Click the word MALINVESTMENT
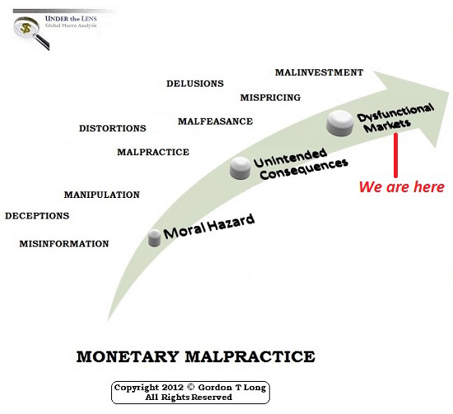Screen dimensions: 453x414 pos(319,73)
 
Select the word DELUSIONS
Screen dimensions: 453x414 pos(195,83)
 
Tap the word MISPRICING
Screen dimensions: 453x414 pos(270,97)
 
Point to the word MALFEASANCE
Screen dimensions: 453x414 pos(215,121)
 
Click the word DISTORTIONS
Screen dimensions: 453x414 pos(112,129)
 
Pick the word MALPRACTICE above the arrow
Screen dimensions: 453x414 pos(153,153)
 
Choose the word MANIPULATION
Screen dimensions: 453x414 pos(101,195)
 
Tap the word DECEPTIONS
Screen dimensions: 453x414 pos(37,216)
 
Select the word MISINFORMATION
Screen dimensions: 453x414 pos(64,243)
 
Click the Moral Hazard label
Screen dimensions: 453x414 pos(209,226)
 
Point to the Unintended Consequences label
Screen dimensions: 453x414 pos(301,164)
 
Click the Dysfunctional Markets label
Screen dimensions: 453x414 pos(395,118)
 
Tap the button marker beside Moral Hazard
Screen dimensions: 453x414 pos(154,238)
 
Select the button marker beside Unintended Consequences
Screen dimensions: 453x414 pos(241,168)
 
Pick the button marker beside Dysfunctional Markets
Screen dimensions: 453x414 pos(340,123)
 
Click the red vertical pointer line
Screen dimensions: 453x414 pos(395,155)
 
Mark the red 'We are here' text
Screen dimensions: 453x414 pos(402,187)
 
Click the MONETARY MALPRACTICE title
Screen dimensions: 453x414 pos(195,356)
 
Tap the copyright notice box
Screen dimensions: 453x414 pos(190,393)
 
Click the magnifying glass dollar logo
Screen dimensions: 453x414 pos(31,33)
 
